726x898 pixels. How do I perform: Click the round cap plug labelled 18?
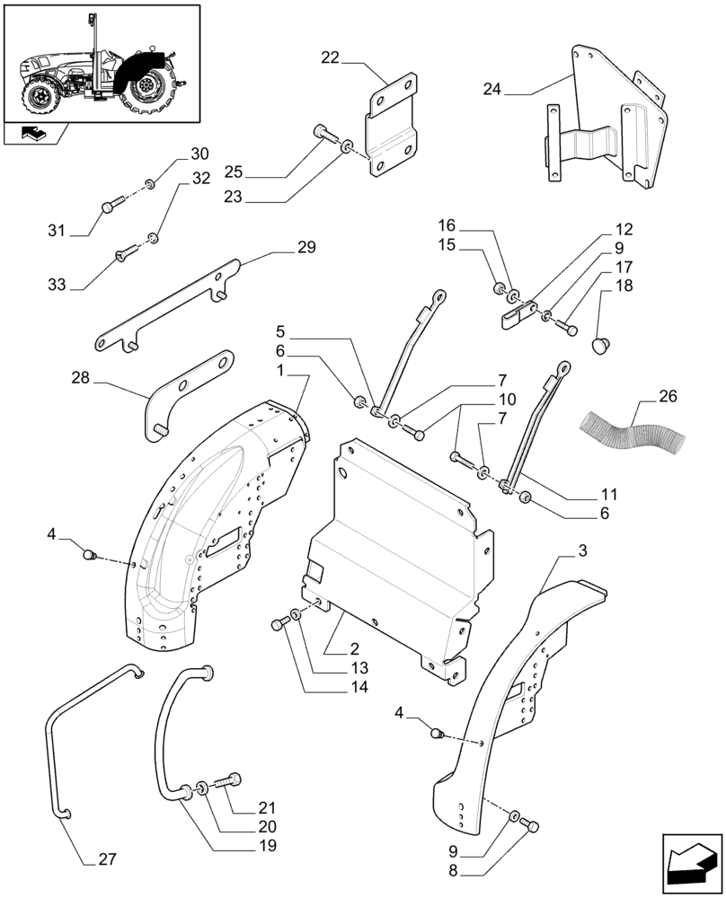(x=601, y=344)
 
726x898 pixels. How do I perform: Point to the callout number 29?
(x=306, y=247)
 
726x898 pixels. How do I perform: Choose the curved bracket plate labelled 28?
(x=190, y=390)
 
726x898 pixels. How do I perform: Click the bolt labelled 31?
(x=109, y=207)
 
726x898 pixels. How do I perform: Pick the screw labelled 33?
(x=124, y=257)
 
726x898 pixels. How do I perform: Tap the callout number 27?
(x=107, y=859)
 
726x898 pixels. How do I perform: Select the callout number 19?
(x=264, y=845)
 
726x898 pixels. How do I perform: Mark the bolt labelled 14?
(x=277, y=625)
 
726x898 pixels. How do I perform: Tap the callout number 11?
(x=609, y=494)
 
